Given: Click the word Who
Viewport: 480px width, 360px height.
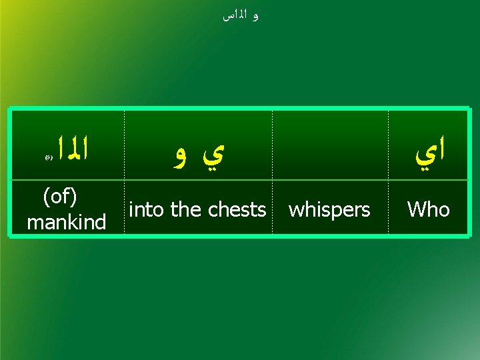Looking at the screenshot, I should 428,209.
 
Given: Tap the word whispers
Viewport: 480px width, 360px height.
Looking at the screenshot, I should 329,209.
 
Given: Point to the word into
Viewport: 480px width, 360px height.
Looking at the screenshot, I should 147,209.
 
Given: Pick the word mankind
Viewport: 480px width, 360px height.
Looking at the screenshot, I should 66,221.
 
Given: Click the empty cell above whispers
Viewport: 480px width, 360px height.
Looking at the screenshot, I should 330,145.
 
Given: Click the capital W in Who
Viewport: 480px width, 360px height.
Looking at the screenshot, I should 415,209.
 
